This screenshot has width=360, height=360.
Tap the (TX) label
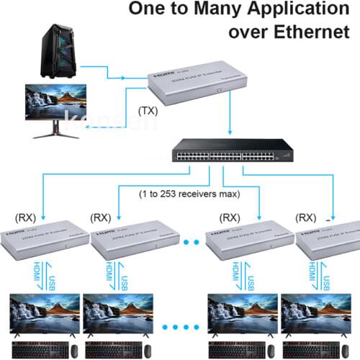(147, 112)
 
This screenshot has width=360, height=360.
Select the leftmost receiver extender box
(43, 241)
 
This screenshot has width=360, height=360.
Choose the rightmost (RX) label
(307, 217)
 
